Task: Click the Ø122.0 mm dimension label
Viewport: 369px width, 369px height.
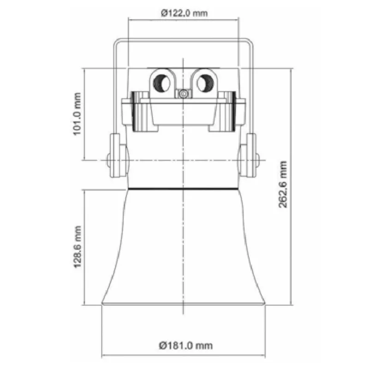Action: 184,13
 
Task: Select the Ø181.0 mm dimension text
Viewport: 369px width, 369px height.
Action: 186,345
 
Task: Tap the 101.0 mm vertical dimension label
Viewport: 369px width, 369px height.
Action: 77,114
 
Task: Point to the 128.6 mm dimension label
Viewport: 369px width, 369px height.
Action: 77,247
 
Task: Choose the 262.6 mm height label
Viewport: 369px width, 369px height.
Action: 283,184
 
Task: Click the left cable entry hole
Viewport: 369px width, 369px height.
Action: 162,83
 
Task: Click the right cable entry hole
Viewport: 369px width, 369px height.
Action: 205,83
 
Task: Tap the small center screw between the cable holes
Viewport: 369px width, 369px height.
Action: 183,94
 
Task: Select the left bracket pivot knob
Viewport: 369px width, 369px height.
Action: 108,160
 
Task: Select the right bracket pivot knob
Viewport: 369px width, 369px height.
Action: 257,160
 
